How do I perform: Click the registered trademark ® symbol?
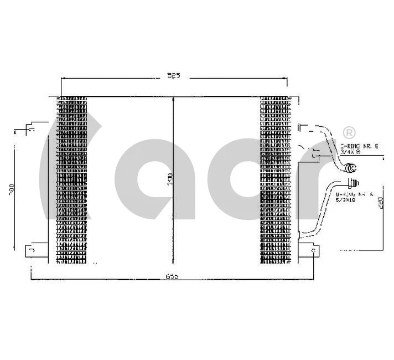tap(349, 132)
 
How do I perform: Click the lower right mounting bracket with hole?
tap(313, 251)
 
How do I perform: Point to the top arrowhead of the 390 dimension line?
tap(174, 100)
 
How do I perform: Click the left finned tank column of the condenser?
tap(72, 180)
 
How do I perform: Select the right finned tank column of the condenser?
tap(274, 180)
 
